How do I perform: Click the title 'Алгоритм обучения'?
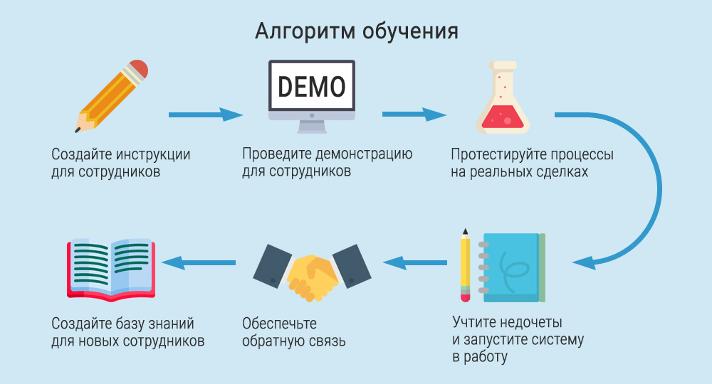coord(356,31)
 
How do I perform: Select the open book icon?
coord(111,267)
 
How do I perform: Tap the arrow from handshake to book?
coord(199,262)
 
